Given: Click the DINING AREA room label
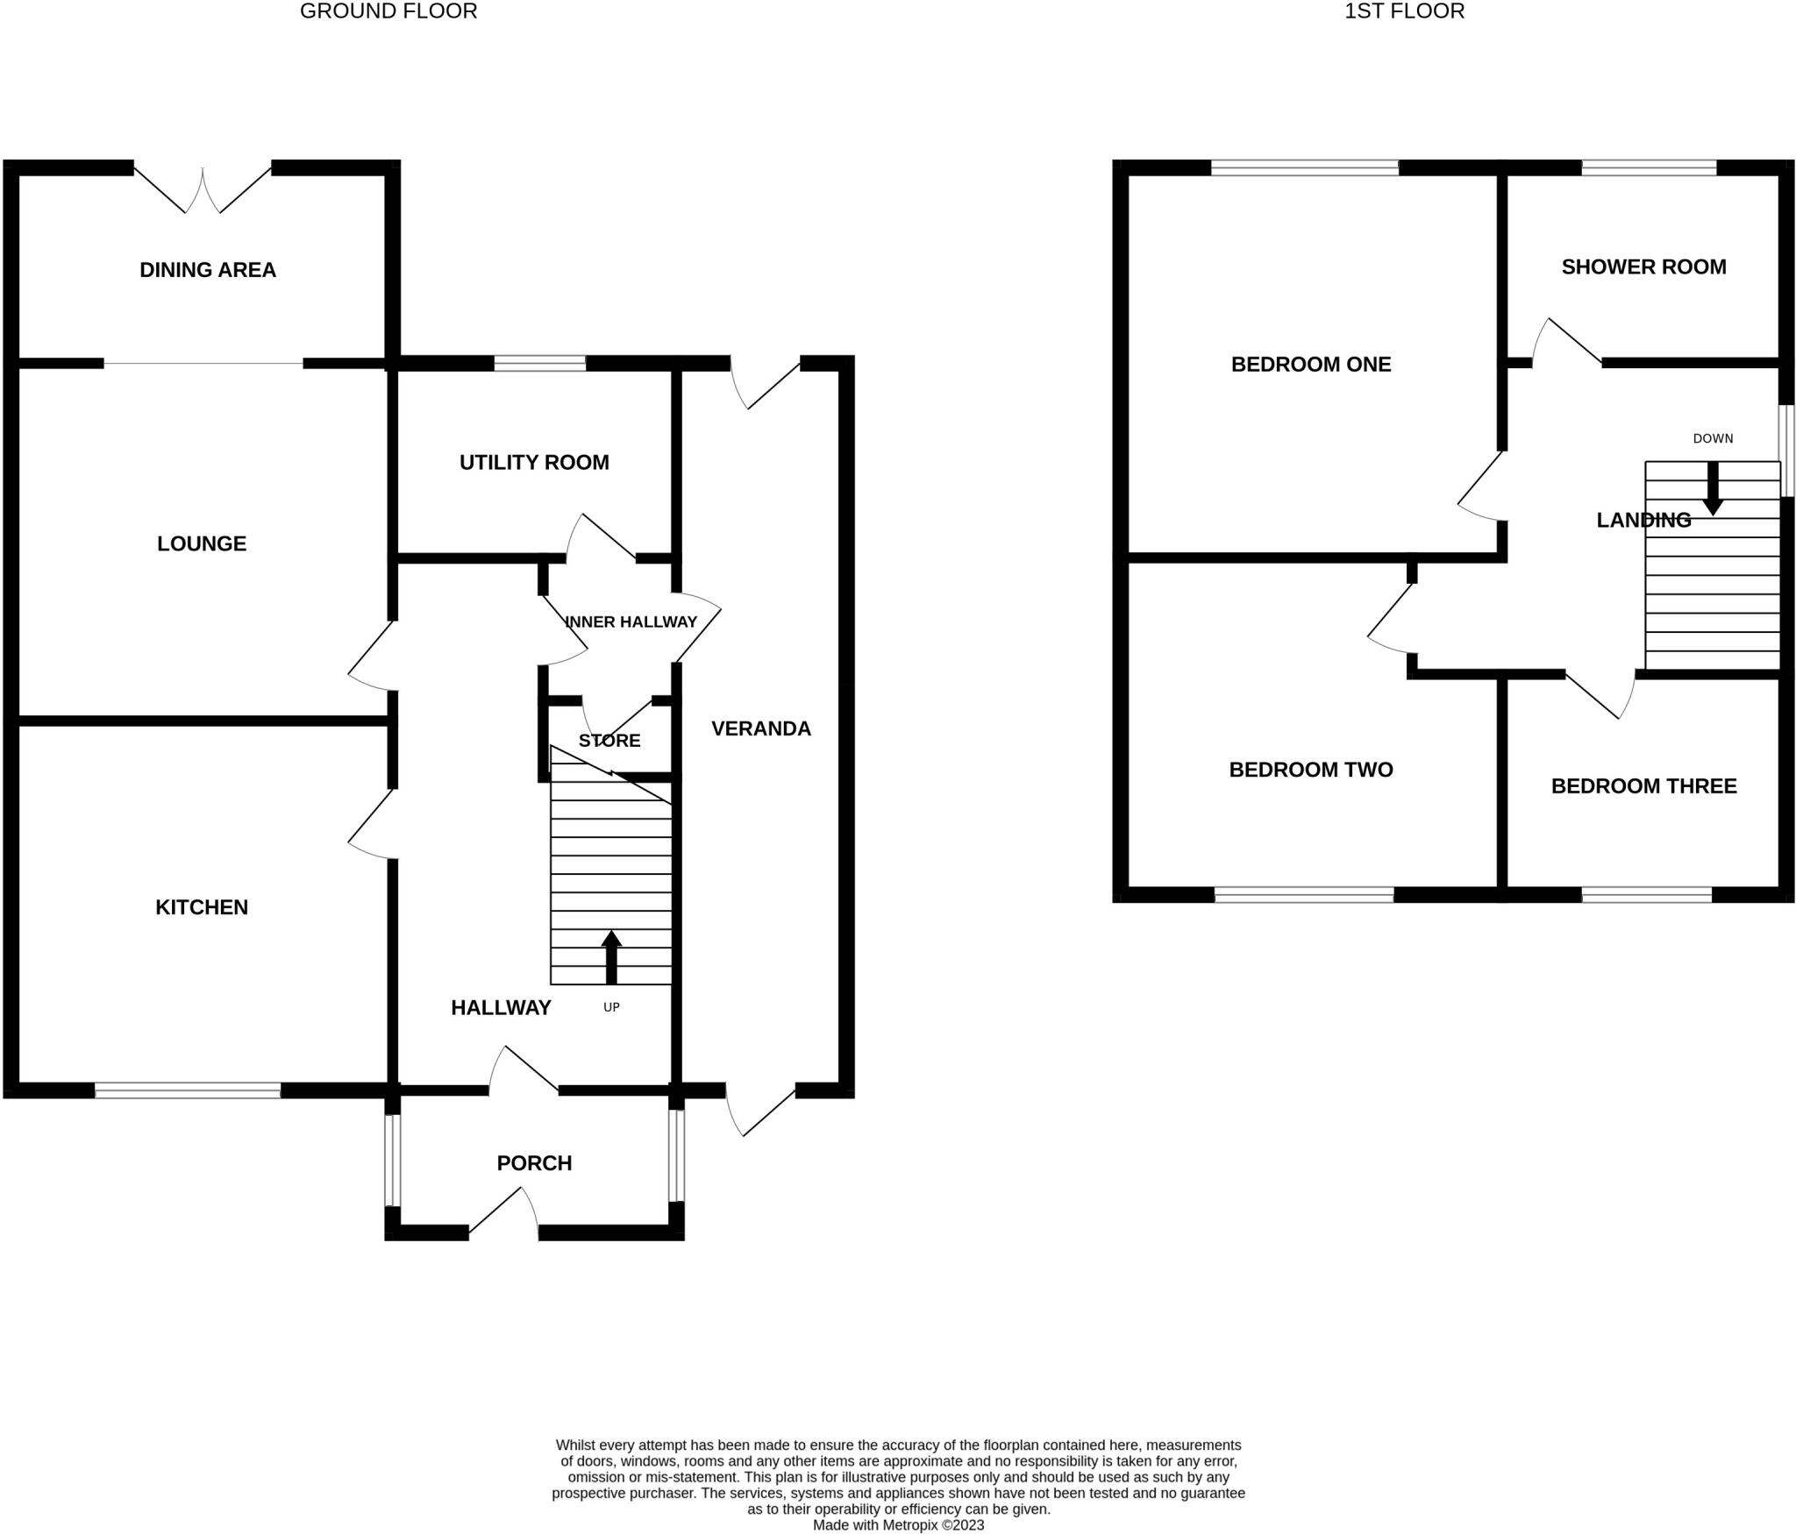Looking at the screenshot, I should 208,270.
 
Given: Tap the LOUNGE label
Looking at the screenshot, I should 202,543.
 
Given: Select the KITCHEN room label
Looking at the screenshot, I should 202,907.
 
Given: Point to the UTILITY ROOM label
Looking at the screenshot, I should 534,462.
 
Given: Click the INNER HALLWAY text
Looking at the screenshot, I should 631,621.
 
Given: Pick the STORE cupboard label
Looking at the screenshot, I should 609,741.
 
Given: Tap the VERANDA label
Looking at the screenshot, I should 760,728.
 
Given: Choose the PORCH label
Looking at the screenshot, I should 534,1163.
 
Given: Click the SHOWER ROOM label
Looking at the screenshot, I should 1643,267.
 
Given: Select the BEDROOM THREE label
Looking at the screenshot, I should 1643,786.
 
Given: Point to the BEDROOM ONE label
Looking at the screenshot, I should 1311,365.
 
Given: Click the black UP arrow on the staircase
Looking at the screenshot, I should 611,956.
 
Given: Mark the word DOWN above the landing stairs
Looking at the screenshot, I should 1713,438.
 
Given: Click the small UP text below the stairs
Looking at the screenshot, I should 611,1007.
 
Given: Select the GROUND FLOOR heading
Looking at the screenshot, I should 388,11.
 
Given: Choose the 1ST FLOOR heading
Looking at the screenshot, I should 1404,11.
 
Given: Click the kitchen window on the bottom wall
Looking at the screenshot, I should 188,1090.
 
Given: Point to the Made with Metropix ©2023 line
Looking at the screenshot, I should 898,1525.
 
